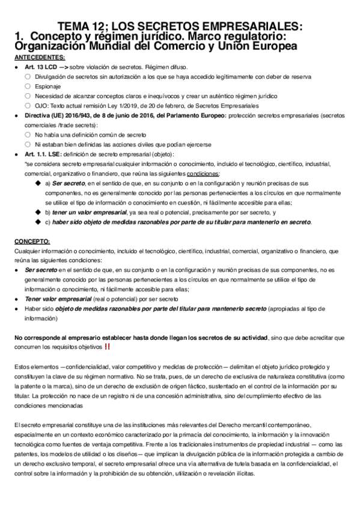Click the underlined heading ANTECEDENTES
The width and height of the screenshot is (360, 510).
[40, 58]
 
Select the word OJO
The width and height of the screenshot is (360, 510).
[42, 106]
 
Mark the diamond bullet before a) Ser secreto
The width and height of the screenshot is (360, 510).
[39, 183]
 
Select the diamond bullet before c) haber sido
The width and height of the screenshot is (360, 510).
[39, 223]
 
